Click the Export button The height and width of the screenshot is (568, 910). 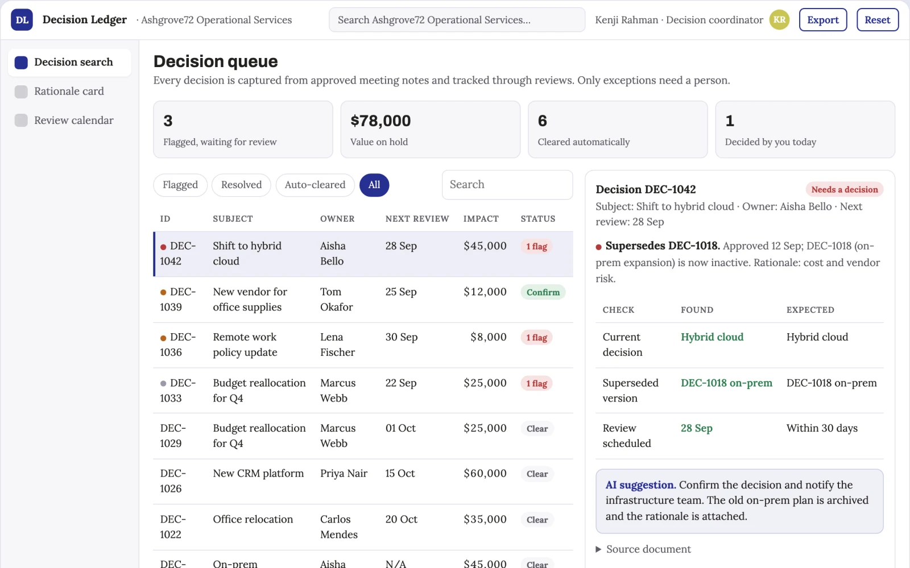click(x=822, y=19)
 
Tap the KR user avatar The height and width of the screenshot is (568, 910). click(x=779, y=19)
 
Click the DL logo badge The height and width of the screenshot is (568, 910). click(x=22, y=19)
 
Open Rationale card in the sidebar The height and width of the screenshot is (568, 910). click(x=69, y=91)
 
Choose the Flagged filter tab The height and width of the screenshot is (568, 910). click(x=180, y=185)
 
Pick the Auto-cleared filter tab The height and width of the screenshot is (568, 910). click(x=315, y=185)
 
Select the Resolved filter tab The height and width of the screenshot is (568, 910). click(x=241, y=185)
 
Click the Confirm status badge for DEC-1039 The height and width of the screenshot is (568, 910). click(x=543, y=292)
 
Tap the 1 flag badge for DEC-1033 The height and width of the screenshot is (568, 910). click(x=536, y=383)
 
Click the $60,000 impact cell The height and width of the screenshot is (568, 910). click(x=485, y=474)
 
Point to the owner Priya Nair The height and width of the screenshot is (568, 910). click(x=344, y=474)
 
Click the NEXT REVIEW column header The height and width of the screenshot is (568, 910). click(x=417, y=219)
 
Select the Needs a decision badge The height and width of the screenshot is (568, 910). click(x=845, y=189)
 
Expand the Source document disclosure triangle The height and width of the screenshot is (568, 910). click(x=598, y=549)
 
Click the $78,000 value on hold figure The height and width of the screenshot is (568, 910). click(x=380, y=121)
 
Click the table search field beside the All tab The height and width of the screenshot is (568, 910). click(x=507, y=185)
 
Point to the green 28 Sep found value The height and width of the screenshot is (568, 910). click(x=696, y=428)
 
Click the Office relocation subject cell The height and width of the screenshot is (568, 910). click(x=253, y=519)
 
